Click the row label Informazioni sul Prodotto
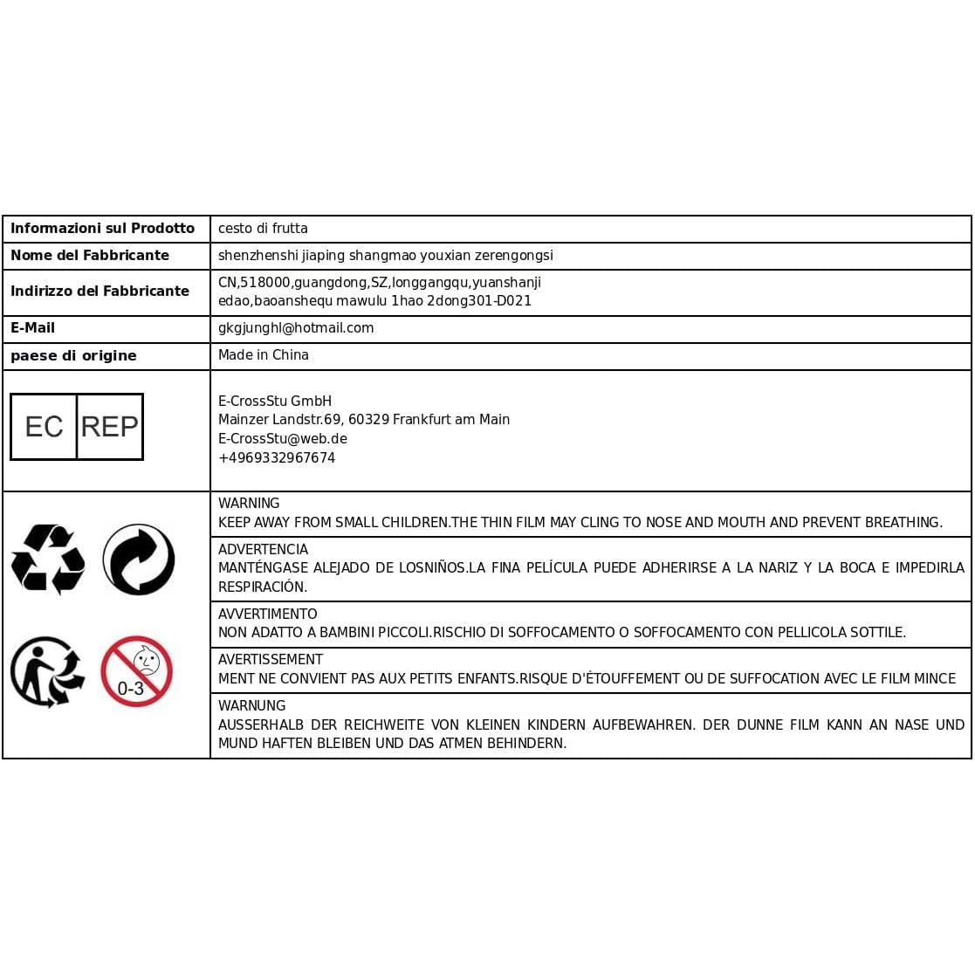coord(102,229)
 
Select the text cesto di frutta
coord(263,229)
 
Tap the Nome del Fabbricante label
coord(90,256)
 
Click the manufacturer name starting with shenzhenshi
coord(385,256)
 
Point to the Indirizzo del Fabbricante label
coord(100,292)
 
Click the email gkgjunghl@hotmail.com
coord(296,328)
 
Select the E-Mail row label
coord(32,328)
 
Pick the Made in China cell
coord(263,355)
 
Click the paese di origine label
coord(73,356)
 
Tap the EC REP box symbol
coord(77,426)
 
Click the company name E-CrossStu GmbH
coord(275,402)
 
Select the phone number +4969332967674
coord(277,458)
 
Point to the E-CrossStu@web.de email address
coord(283,439)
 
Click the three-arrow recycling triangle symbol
coord(48,560)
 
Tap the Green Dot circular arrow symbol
coord(139,560)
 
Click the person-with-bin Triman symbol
coord(47,671)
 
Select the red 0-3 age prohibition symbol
coord(137,671)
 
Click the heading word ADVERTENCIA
coord(263,550)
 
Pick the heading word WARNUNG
coord(251,706)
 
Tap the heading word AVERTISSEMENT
coord(271,660)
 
